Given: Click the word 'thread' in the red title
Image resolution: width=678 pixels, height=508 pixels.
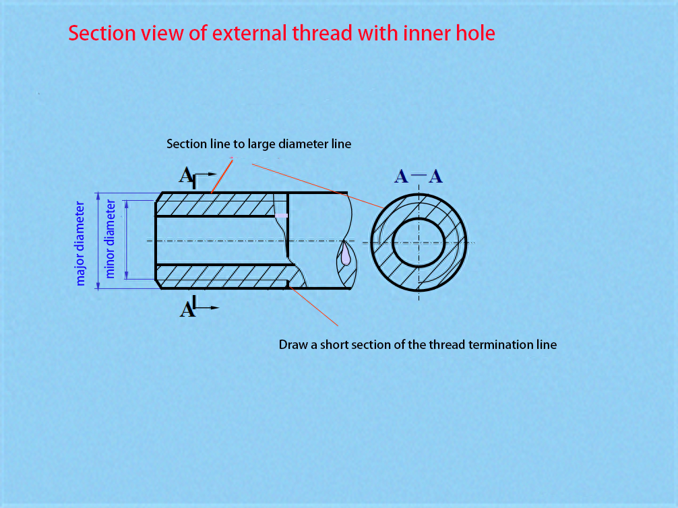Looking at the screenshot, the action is tap(322, 33).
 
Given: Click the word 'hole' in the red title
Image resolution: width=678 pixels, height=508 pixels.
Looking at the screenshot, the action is tap(476, 33).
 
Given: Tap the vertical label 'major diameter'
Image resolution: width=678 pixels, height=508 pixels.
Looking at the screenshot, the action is tap(80, 243).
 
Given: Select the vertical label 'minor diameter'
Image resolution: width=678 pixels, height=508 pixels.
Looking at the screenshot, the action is tap(111, 239).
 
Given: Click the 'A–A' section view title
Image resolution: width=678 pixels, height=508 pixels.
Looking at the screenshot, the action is tap(419, 177).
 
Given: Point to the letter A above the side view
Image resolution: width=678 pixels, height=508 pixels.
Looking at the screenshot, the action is tap(186, 175).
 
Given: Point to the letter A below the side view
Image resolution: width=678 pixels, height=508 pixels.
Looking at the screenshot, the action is tap(187, 309).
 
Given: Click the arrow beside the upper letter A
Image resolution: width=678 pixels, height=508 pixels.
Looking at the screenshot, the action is tap(205, 174).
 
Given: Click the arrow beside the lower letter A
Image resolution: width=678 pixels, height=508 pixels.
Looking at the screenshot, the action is tap(207, 307).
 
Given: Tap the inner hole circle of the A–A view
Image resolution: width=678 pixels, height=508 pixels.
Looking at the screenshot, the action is tap(418, 219).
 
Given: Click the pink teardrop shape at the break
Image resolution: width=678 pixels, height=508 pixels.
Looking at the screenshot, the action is tap(346, 255).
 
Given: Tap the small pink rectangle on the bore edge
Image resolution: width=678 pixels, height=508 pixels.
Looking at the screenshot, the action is tap(282, 216).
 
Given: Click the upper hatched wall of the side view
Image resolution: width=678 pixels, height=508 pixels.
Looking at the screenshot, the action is tap(221, 205).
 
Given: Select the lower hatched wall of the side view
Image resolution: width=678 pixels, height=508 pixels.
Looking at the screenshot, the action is tap(225, 276).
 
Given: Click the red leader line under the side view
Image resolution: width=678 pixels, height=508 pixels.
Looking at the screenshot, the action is tap(313, 305).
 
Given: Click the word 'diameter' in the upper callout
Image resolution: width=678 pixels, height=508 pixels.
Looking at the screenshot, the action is tap(303, 144).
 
